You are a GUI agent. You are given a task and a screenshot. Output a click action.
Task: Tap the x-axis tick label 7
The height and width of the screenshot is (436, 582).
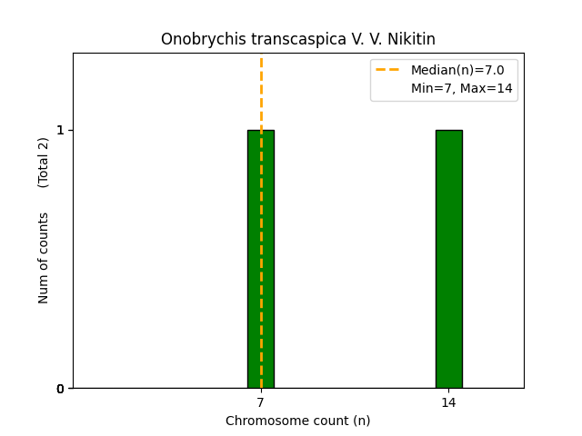pyautogui.click(x=261, y=402)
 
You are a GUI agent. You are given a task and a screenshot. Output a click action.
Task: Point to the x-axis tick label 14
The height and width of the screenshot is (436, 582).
pyautogui.click(x=448, y=402)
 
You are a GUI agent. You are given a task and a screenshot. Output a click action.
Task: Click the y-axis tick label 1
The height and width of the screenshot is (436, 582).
pyautogui.click(x=61, y=130)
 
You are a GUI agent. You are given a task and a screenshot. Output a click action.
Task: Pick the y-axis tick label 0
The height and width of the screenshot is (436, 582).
pyautogui.click(x=61, y=389)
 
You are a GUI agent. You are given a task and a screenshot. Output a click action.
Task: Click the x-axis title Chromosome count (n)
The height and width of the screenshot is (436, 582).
pyautogui.click(x=297, y=421)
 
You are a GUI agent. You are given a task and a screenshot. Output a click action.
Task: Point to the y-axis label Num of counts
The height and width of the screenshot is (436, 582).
pyautogui.click(x=44, y=257)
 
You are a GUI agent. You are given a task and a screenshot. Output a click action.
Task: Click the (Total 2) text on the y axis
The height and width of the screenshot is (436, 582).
pyautogui.click(x=44, y=163)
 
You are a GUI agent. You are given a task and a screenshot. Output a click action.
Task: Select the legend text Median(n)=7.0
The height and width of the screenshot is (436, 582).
pyautogui.click(x=457, y=70)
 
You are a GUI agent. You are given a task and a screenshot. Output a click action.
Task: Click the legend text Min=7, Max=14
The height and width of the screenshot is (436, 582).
pyautogui.click(x=461, y=88)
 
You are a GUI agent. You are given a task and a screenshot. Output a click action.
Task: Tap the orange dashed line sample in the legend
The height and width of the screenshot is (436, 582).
pyautogui.click(x=388, y=70)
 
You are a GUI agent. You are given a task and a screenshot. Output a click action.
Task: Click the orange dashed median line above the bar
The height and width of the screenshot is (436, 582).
pyautogui.click(x=261, y=91)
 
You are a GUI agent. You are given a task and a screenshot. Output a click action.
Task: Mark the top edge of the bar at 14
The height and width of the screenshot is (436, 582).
pyautogui.click(x=448, y=130)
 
